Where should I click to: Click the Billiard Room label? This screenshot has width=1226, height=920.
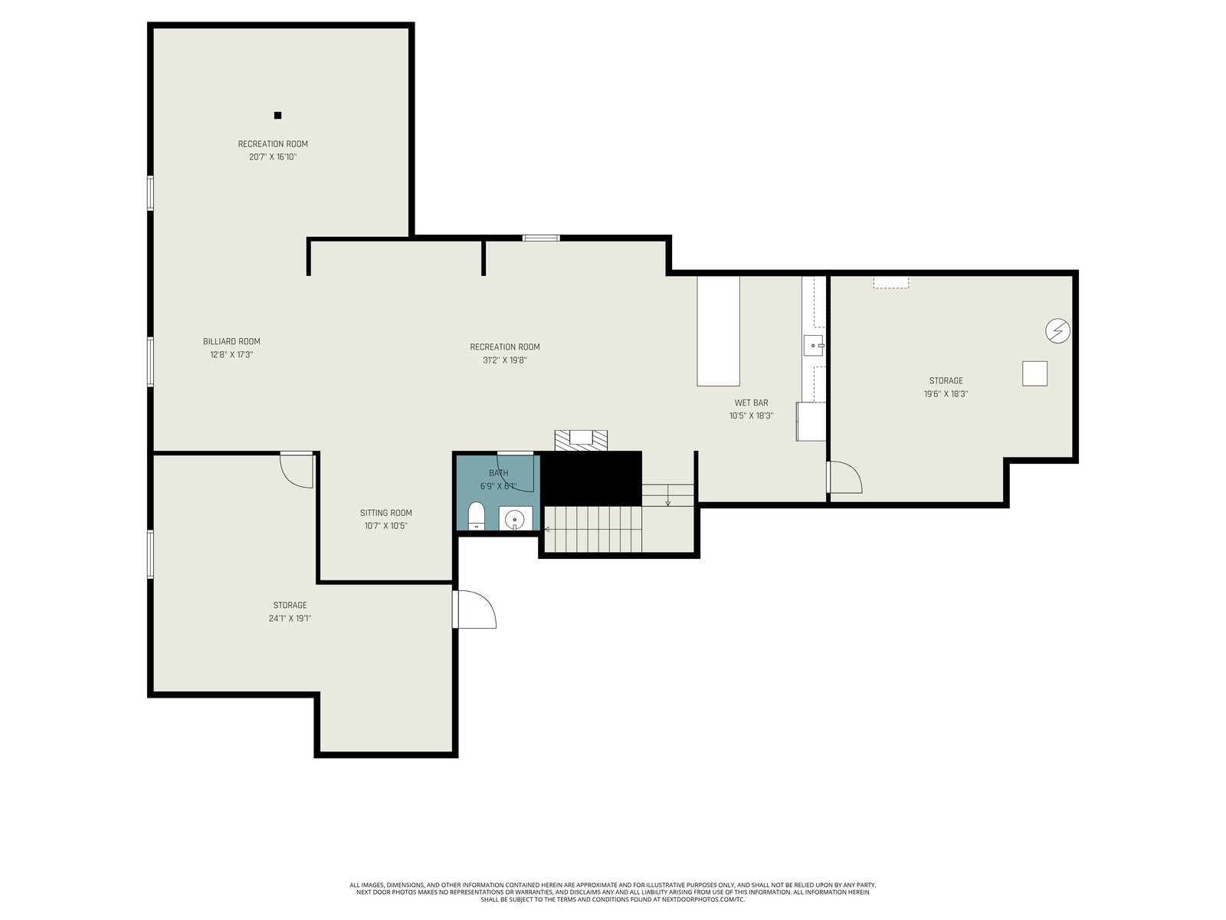[x=231, y=341]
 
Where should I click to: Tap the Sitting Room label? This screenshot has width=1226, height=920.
[x=385, y=513]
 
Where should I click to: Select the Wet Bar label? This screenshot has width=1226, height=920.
[x=751, y=402]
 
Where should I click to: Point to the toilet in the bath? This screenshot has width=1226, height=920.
[x=476, y=515]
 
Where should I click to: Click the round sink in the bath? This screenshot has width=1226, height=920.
[x=514, y=520]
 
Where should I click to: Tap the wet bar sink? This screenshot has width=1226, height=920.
[x=813, y=346]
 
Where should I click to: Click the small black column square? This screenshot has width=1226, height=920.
[x=277, y=116]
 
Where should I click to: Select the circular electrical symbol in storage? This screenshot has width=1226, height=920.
[x=1057, y=331]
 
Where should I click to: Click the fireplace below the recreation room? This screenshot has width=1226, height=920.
[x=581, y=440]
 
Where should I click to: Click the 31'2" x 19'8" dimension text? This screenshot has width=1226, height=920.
[x=504, y=360]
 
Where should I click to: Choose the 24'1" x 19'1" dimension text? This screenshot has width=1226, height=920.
[x=290, y=619]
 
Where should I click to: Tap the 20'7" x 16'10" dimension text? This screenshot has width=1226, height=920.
[x=273, y=157]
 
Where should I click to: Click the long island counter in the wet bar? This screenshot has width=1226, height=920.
[x=718, y=330]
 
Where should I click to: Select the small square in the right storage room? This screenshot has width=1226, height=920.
[x=1034, y=373]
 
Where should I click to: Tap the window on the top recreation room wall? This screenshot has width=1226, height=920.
[x=541, y=238]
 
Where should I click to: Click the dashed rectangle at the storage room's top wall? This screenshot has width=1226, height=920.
[x=891, y=283]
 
